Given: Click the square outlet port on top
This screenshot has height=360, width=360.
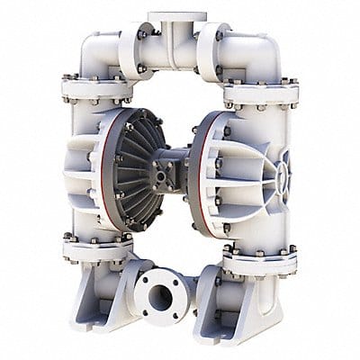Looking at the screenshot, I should tap(176, 16).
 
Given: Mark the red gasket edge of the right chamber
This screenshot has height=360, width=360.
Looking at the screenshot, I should tap(193, 171).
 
